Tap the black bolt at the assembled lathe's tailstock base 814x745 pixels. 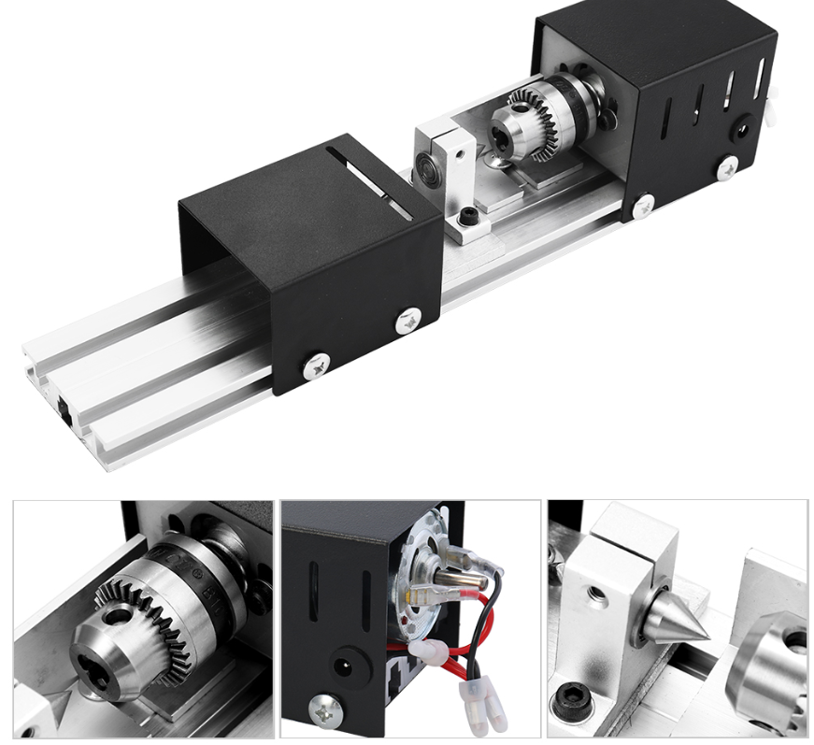click(x=466, y=219)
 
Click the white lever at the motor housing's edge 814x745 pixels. click(x=771, y=107)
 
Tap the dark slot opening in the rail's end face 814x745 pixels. click(x=63, y=407)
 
